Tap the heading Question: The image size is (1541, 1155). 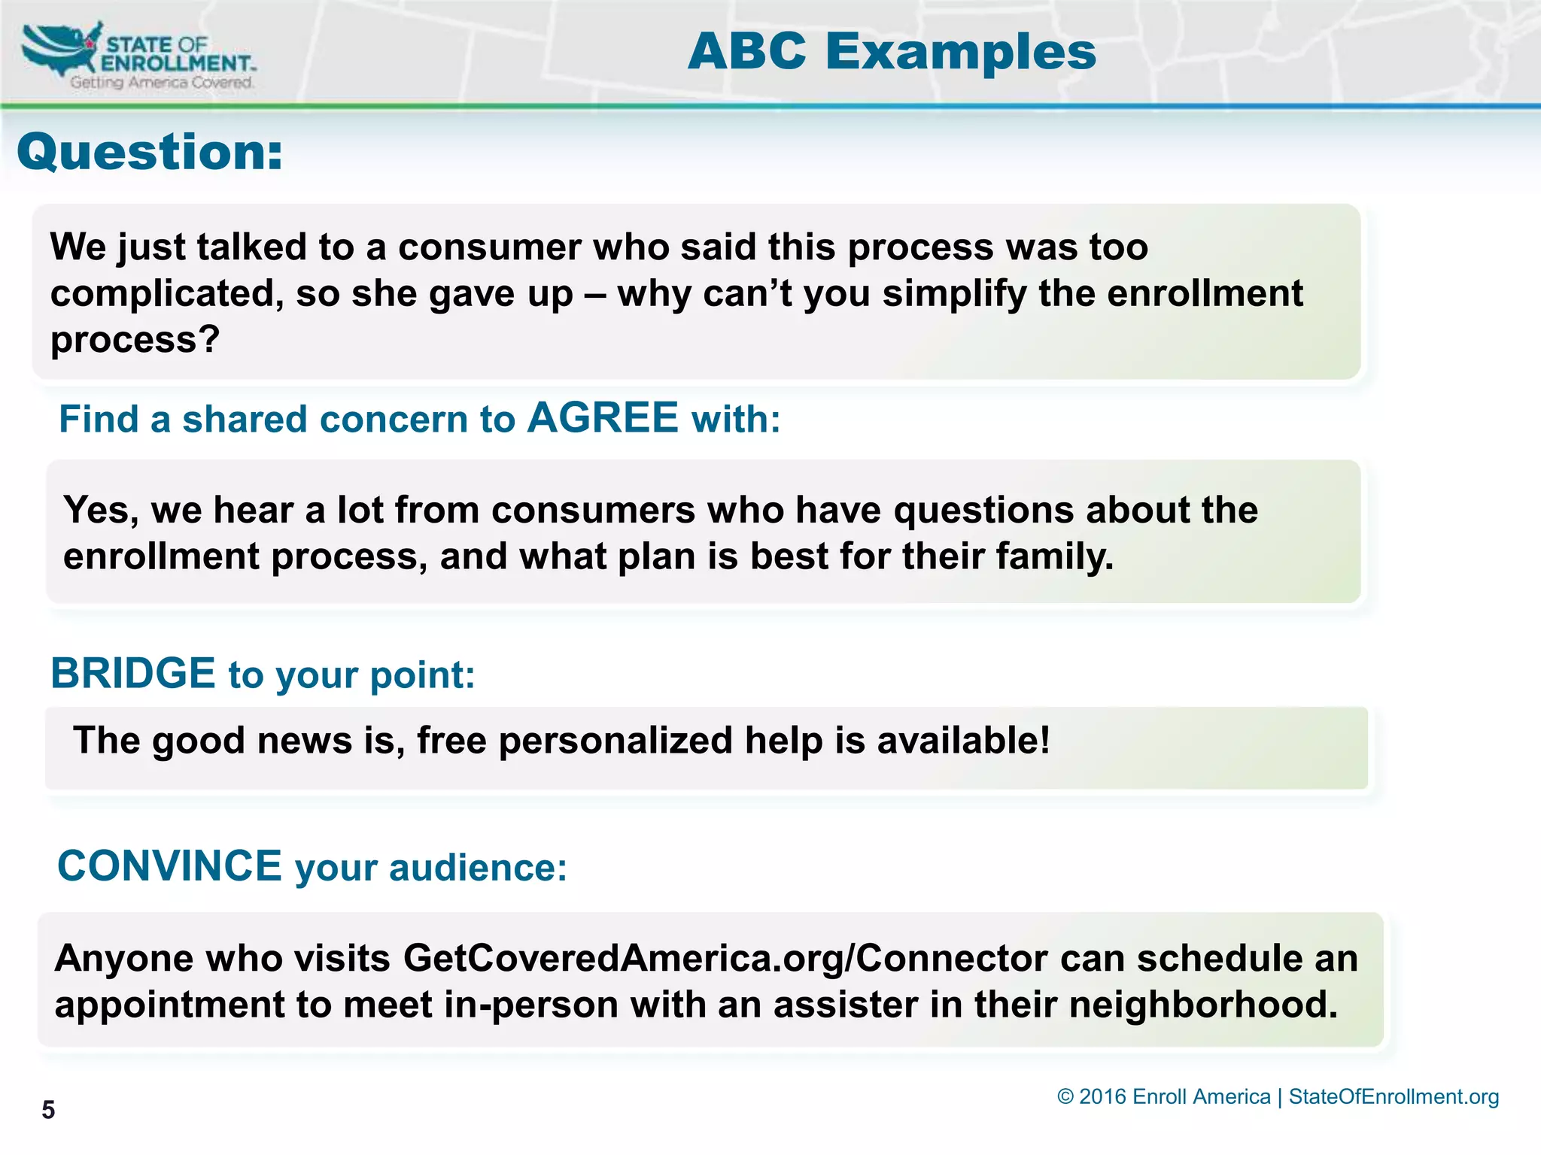pyautogui.click(x=150, y=152)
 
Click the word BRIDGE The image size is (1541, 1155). pyautogui.click(x=133, y=673)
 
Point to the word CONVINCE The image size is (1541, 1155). pyautogui.click(x=170, y=865)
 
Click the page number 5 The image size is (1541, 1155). pyautogui.click(x=48, y=1110)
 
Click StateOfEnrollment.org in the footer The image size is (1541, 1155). pyautogui.click(x=1394, y=1096)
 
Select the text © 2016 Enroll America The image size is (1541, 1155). pyautogui.click(x=1163, y=1096)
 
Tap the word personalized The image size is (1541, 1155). pyautogui.click(x=615, y=740)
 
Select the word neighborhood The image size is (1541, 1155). pyautogui.click(x=1202, y=1005)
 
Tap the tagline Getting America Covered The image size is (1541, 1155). pyautogui.click(x=162, y=83)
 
